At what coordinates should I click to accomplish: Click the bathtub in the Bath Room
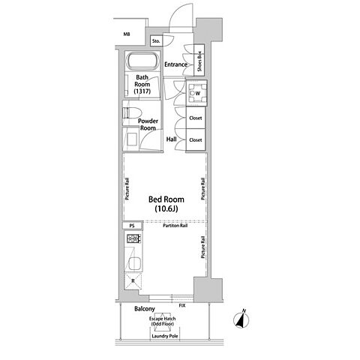[x=142, y=60]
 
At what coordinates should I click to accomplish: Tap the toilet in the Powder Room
[x=132, y=112]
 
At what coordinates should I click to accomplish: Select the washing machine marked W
[x=196, y=93]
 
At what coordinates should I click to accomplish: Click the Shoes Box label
[x=199, y=61]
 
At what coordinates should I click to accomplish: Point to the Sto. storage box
[x=156, y=41]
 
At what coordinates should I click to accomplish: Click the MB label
[x=127, y=34]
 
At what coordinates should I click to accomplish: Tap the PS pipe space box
[x=132, y=226]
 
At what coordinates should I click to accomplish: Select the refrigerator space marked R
[x=133, y=281]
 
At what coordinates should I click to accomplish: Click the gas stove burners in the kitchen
[x=133, y=238]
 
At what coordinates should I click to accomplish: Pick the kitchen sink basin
[x=135, y=263]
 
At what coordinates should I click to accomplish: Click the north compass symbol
[x=241, y=319]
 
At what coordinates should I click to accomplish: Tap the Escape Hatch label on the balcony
[x=163, y=319]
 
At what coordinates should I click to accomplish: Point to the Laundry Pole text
[x=165, y=336]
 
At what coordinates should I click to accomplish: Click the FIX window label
[x=182, y=305]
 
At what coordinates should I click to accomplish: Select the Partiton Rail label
[x=175, y=226]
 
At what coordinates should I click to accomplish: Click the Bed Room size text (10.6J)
[x=166, y=208]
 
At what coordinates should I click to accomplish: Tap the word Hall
[x=172, y=139]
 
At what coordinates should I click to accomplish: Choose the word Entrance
[x=175, y=64]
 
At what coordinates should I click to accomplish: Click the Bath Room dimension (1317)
[x=142, y=91]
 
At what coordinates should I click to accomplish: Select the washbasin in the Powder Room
[x=132, y=139]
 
